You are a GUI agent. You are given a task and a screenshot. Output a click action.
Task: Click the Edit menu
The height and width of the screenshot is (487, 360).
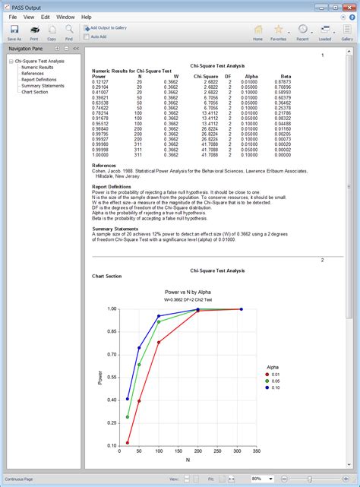coord(46,16)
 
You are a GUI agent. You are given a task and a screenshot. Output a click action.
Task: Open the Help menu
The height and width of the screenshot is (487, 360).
coord(86,16)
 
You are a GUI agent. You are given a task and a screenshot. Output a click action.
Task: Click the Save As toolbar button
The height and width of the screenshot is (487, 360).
coord(14,32)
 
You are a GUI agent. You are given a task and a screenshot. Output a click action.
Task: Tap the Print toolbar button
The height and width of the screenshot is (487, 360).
coord(35,32)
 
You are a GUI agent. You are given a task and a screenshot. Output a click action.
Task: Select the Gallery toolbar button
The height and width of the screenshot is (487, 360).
coord(347,32)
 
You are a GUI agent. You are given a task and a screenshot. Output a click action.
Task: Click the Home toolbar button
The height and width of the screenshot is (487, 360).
coord(257,32)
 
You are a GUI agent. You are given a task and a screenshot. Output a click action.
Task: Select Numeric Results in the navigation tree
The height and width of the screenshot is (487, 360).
coord(37,67)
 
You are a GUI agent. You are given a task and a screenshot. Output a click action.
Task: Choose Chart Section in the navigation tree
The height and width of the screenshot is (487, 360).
coord(35,92)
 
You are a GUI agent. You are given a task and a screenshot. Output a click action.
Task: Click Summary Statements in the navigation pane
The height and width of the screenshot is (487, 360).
coord(43,86)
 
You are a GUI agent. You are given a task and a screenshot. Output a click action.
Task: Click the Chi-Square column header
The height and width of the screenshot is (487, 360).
coord(205,76)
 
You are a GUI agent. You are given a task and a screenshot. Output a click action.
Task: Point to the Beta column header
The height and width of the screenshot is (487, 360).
coord(286,76)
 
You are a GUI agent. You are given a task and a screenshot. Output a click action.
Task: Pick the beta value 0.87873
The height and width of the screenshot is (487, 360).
coord(283,81)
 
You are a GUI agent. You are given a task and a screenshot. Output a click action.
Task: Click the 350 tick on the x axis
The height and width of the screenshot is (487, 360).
coord(257,451)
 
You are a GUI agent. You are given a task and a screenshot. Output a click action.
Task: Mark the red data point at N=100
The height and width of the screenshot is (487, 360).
coord(159,343)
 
